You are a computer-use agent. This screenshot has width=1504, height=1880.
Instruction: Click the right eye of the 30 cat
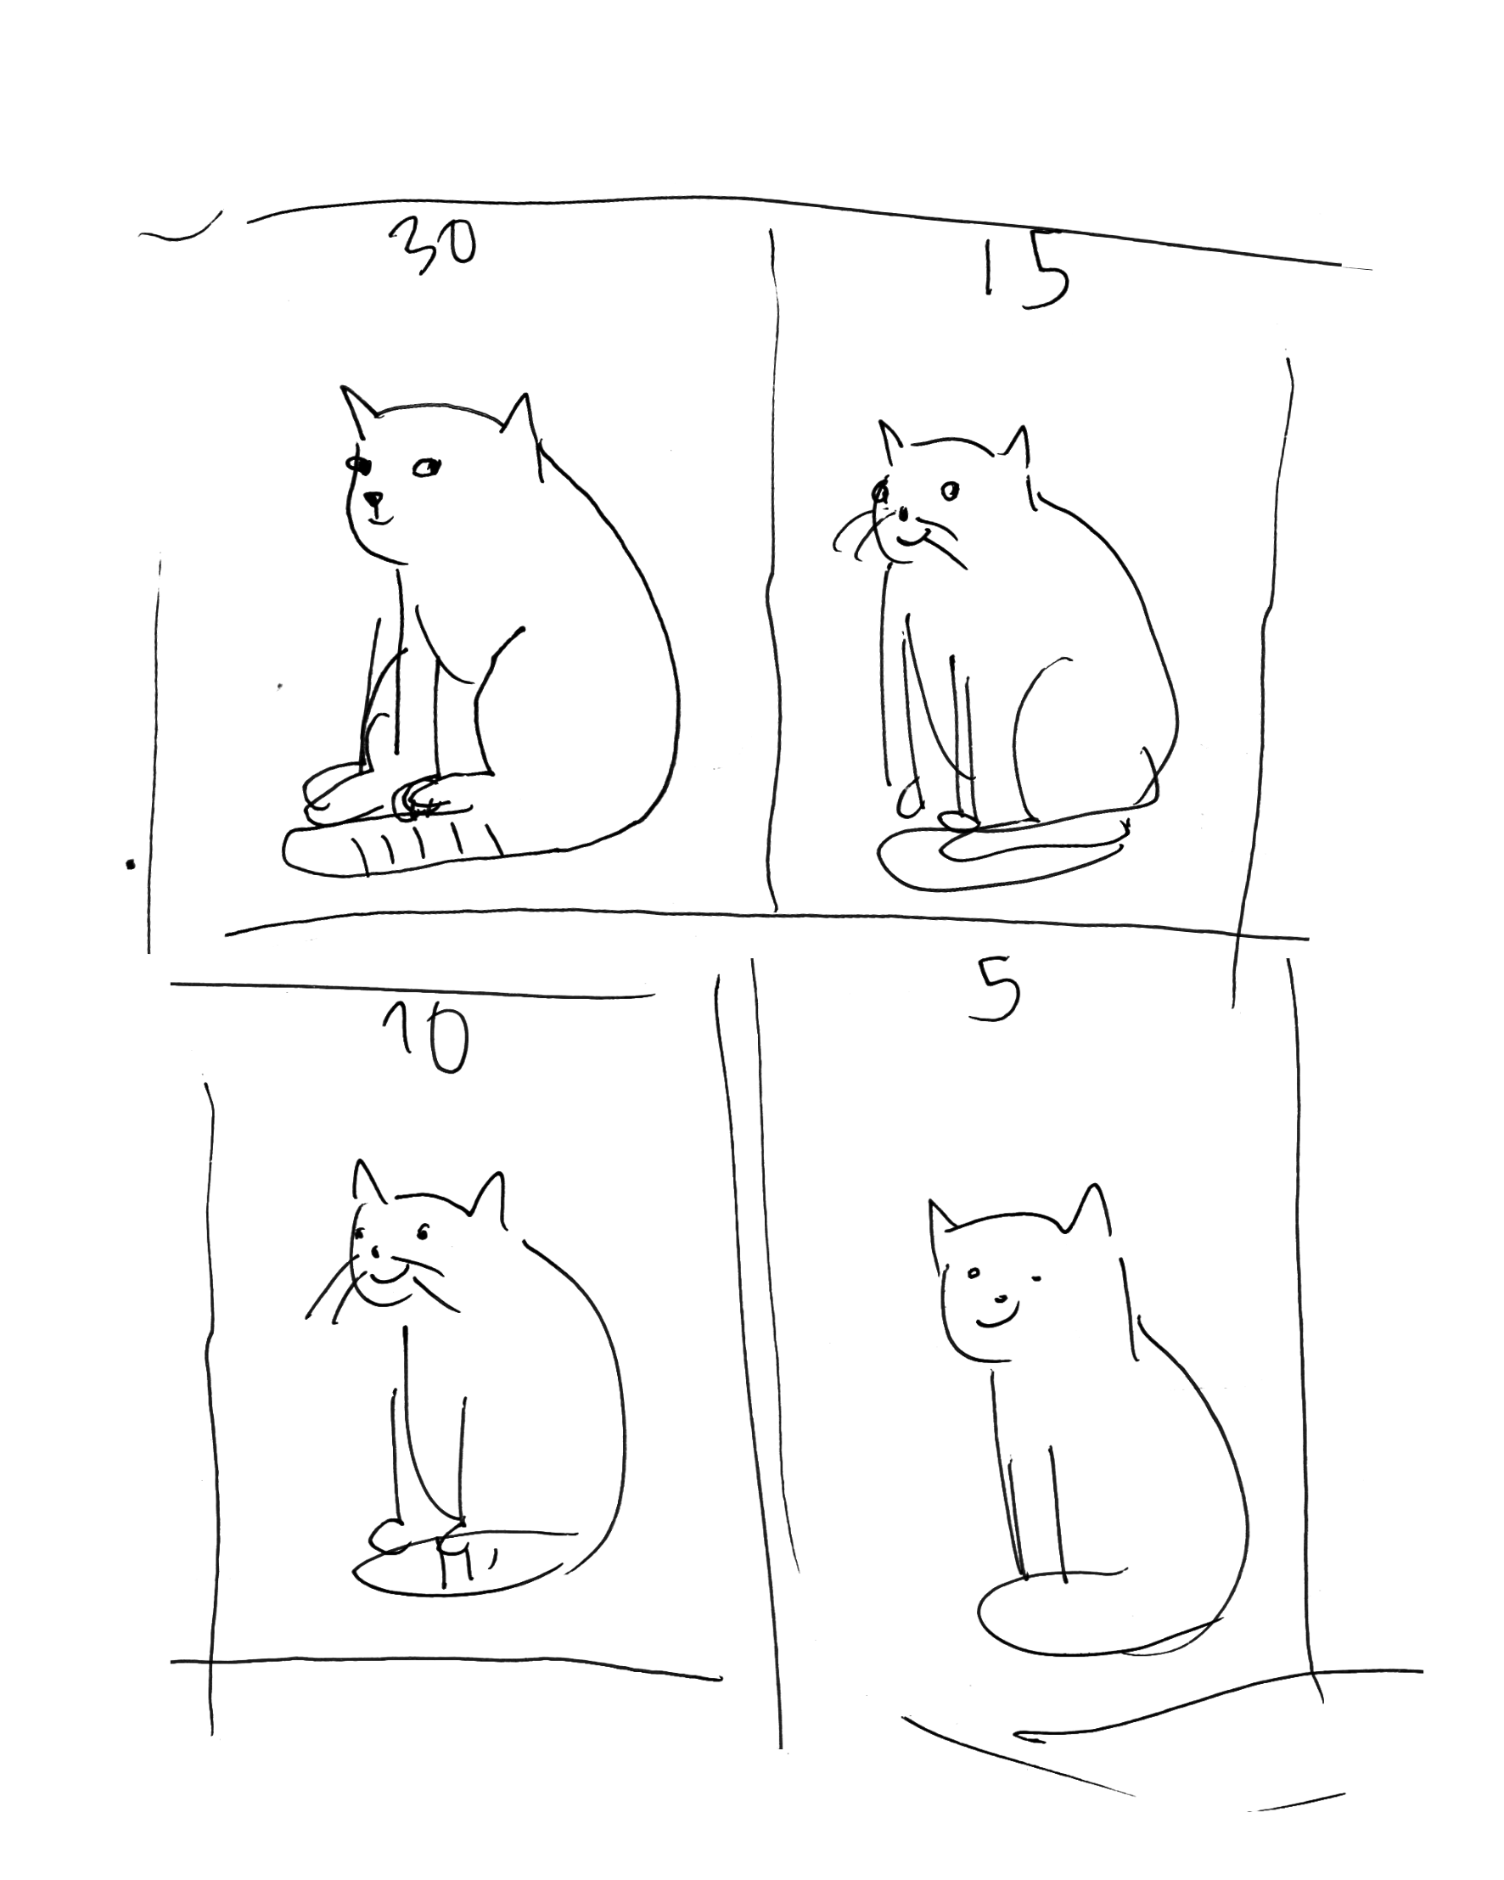(x=426, y=469)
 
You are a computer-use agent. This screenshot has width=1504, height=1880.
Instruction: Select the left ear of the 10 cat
(x=369, y=1182)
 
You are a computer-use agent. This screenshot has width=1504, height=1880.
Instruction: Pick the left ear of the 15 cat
(x=889, y=440)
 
